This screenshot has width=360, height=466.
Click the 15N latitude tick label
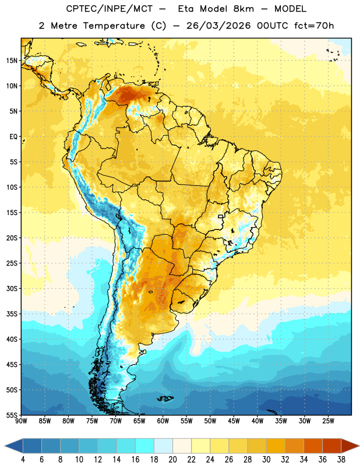point(12,61)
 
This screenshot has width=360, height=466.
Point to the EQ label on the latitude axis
point(13,137)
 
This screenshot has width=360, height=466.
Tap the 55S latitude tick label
point(12,415)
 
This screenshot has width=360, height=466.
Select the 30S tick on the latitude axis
point(12,288)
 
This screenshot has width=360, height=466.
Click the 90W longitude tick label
point(21,421)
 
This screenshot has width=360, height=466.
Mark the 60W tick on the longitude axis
point(163,421)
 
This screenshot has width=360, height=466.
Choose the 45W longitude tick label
point(234,421)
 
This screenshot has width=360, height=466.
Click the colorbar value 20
point(172,460)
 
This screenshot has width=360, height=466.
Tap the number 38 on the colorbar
point(341,460)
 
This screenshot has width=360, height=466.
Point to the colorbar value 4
point(23,460)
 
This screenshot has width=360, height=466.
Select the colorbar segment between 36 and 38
point(332,446)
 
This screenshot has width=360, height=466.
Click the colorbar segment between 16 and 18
point(144,446)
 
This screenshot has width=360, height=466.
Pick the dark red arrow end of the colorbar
point(350,446)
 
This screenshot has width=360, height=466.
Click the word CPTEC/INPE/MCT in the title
point(110,9)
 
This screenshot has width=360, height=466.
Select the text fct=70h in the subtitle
point(314,26)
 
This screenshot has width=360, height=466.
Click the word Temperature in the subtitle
point(114,26)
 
